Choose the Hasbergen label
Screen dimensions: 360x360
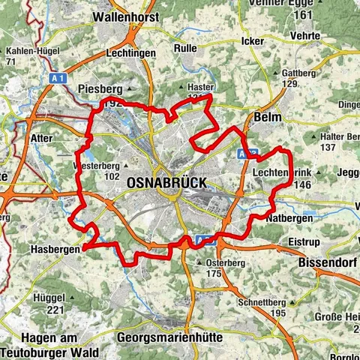coord(55,249)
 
